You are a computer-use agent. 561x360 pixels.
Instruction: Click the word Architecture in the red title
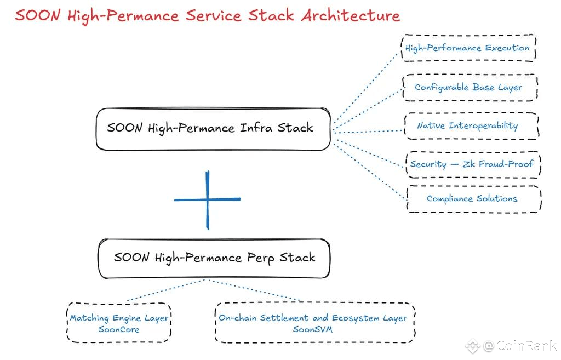point(351,15)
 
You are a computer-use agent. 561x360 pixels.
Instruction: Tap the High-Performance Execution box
point(468,48)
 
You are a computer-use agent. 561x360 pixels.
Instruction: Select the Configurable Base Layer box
point(470,87)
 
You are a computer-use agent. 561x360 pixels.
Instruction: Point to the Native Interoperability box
point(472,126)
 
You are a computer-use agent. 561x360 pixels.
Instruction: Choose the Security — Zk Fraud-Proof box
point(473,164)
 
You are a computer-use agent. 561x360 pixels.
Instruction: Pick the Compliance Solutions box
point(474,199)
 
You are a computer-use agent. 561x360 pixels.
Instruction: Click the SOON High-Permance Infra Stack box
point(213,129)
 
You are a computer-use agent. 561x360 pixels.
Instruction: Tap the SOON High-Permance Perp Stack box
point(214,259)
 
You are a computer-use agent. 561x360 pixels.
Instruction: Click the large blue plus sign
point(208,199)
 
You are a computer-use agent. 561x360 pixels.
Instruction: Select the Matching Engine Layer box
point(119,323)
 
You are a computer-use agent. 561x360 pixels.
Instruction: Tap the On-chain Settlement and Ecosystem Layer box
point(315,323)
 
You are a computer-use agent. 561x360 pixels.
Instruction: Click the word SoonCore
point(119,329)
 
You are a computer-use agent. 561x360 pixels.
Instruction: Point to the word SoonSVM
point(313,329)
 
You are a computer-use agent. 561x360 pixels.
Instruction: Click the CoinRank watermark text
point(520,346)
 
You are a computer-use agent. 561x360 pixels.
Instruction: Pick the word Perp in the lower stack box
point(261,258)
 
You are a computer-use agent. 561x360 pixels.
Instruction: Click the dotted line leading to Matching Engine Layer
point(166,290)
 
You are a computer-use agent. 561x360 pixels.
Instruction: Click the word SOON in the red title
point(37,15)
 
